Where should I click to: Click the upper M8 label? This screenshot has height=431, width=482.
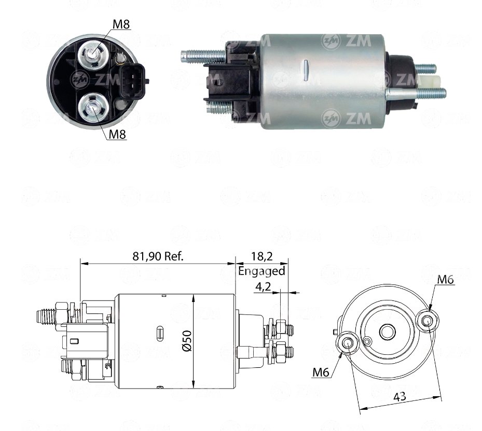point(121,24)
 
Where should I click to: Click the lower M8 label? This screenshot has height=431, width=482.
point(118,134)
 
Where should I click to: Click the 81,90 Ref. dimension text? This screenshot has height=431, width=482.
point(158,256)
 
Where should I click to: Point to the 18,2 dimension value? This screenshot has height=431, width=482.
point(262,256)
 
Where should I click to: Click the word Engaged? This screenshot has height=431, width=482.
point(261,271)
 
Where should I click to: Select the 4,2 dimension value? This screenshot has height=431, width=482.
point(263,286)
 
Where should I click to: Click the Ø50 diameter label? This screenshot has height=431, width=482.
point(187,341)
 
